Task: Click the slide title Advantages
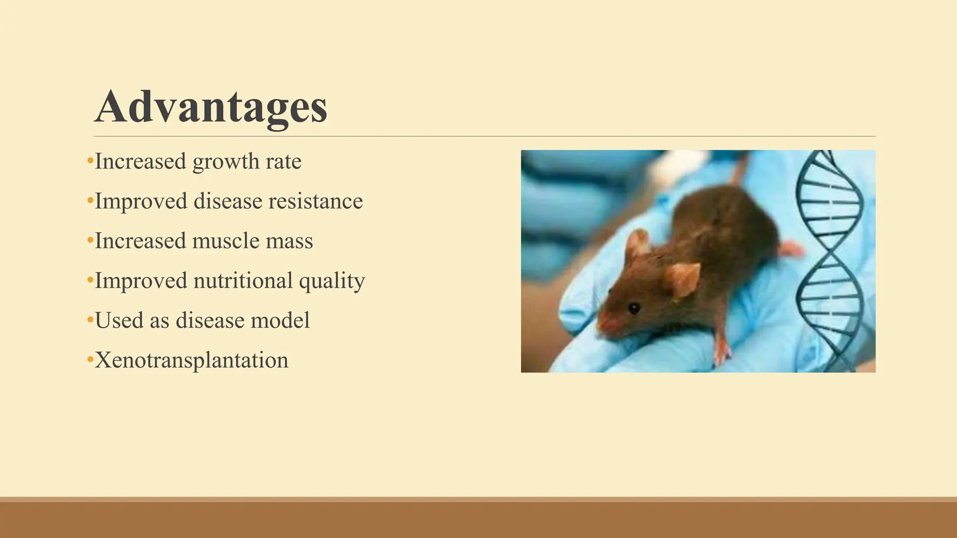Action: coord(211,107)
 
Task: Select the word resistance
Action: coord(315,201)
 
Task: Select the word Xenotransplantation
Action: coord(192,361)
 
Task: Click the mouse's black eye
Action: coord(634,308)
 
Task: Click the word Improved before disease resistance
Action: coord(141,201)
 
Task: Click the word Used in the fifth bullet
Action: coord(119,320)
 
